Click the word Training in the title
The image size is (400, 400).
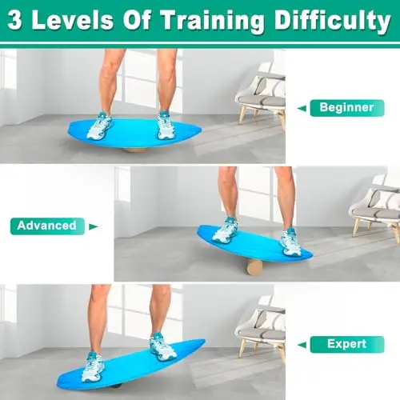212,21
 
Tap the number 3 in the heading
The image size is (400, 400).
14,21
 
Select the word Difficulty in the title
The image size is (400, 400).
333,21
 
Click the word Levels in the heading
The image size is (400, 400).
73,21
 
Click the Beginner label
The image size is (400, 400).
347,108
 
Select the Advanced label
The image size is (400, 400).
47,226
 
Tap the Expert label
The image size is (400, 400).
347,344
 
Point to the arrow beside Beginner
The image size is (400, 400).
302,108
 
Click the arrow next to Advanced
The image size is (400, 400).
94,226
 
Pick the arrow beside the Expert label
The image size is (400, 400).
302,345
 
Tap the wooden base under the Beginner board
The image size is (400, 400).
136,150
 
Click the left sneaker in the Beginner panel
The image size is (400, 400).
98,126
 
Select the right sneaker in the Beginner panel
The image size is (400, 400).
166,126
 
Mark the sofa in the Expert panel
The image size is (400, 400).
260,331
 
